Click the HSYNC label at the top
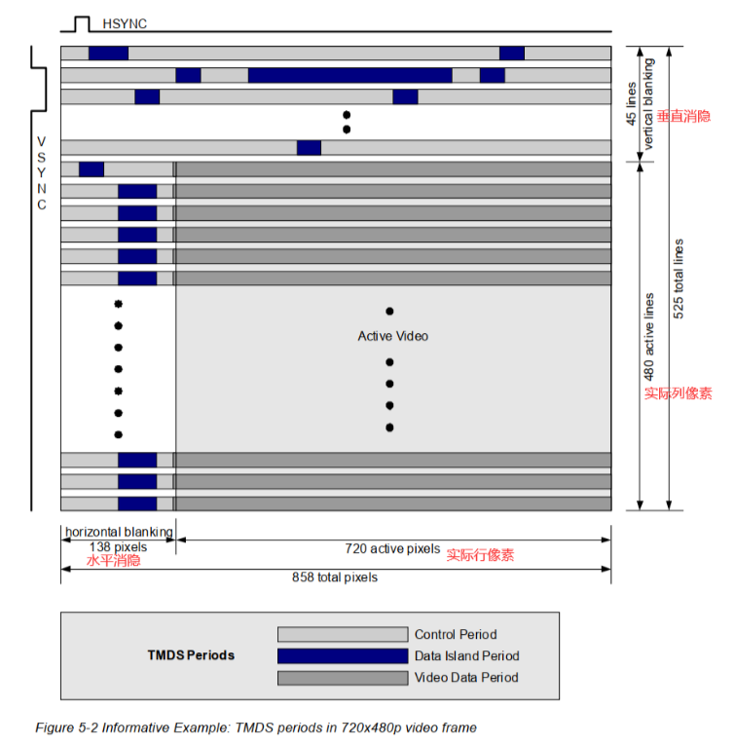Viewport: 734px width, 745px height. click(x=124, y=21)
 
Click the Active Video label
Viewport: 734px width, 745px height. click(x=392, y=336)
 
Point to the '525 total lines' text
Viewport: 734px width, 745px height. click(x=679, y=279)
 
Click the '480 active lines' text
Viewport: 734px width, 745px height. click(x=648, y=337)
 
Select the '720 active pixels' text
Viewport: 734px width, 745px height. click(x=392, y=548)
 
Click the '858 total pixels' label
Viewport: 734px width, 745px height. click(x=335, y=577)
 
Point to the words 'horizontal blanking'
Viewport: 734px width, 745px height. click(x=118, y=532)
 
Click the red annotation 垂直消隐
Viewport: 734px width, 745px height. click(x=683, y=116)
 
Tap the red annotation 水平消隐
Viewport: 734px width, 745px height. click(x=113, y=560)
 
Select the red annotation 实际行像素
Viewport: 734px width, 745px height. click(x=480, y=555)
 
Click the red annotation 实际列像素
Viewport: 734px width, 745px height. click(x=678, y=393)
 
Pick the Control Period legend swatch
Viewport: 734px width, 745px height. click(x=342, y=634)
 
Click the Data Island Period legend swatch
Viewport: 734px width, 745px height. click(x=342, y=655)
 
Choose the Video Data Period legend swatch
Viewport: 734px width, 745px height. click(x=342, y=678)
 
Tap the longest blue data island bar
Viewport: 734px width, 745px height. click(x=349, y=75)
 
